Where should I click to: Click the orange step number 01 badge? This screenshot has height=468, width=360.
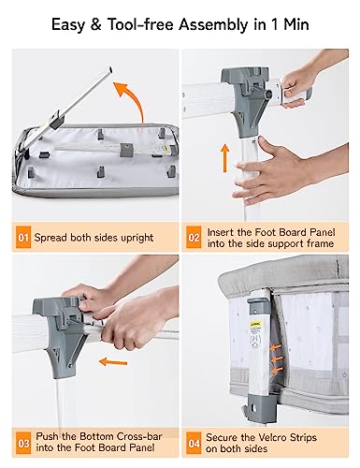pyautogui.click(x=23, y=238)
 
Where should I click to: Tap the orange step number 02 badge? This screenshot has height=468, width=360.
pyautogui.click(x=194, y=238)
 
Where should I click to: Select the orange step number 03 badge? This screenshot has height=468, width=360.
pyautogui.click(x=23, y=443)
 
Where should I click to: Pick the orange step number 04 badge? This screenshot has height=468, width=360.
pyautogui.click(x=194, y=443)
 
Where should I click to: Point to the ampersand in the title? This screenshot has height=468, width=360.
pyautogui.click(x=95, y=24)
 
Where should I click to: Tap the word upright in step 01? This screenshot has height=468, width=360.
pyautogui.click(x=135, y=238)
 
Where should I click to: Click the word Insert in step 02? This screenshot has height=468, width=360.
pyautogui.click(x=221, y=232)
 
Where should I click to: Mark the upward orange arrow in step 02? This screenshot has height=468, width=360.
pyautogui.click(x=224, y=158)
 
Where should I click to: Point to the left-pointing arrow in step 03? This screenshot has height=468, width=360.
pyautogui.click(x=113, y=362)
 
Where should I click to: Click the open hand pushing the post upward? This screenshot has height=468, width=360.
pyautogui.click(x=266, y=171)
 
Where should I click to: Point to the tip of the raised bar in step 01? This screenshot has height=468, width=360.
pyautogui.click(x=109, y=67)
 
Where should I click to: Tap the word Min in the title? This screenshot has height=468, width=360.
pyautogui.click(x=296, y=24)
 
